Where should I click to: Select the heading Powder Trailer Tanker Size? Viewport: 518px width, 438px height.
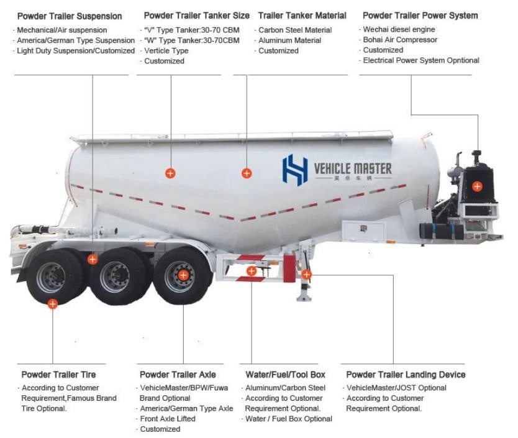click(196, 16)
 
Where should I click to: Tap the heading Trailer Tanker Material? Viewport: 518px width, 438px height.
click(303, 16)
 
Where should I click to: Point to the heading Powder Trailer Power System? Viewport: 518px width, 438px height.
click(420, 16)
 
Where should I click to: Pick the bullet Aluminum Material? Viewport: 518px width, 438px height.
click(289, 40)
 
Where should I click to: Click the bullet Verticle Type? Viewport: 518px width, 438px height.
click(166, 51)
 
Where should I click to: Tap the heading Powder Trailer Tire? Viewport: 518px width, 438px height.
click(58, 375)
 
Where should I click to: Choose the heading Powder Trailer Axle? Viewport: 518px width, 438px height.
click(178, 375)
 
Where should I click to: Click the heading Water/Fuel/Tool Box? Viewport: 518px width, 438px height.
click(285, 375)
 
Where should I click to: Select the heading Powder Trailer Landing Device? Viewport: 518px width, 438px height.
click(405, 375)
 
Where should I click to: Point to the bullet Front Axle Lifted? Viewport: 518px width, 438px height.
click(168, 419)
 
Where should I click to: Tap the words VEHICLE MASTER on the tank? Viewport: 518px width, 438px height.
click(353, 168)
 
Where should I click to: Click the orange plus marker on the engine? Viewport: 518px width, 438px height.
click(477, 186)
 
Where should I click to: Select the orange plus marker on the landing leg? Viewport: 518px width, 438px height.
click(306, 274)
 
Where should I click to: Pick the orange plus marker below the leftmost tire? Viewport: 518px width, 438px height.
click(53, 304)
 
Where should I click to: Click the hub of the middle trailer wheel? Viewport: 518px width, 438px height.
click(115, 275)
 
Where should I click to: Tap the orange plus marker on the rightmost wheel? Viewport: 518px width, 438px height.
click(183, 275)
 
